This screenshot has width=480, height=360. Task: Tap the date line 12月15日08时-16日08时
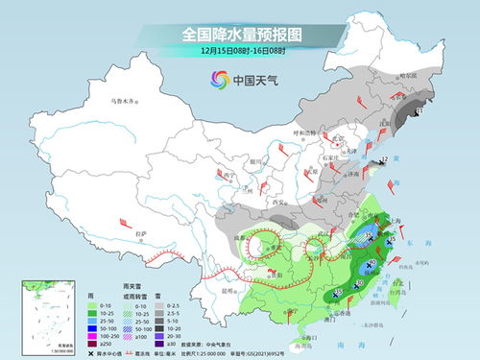tap(239, 50)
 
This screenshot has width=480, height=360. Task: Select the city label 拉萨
tap(141, 234)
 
